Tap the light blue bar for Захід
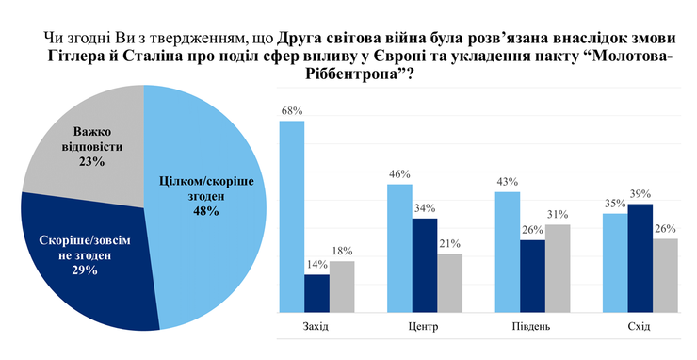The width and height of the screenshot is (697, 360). point(292,217)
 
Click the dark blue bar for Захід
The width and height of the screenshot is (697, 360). point(317,292)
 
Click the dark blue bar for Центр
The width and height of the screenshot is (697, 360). point(426,264)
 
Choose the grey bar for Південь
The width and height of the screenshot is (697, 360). point(559,268)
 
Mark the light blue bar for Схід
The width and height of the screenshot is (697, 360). point(615,262)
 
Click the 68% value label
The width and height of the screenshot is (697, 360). point(292,111)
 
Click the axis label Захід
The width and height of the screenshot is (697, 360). point(317,327)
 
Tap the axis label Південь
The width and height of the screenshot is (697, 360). point(533,327)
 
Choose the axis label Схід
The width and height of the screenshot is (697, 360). point(640,327)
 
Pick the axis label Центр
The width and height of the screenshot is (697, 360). point(426,327)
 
